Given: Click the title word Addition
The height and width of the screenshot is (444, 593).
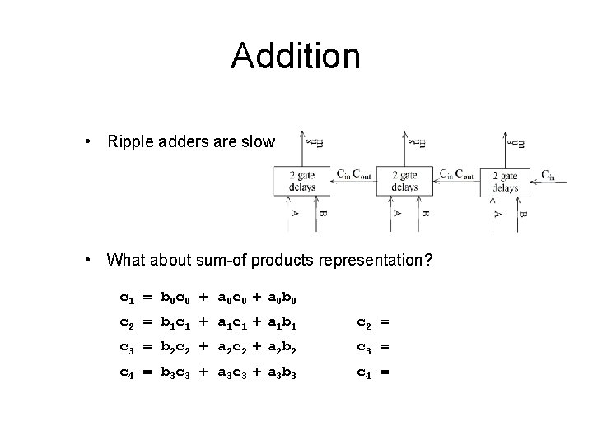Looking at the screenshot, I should click(296, 56).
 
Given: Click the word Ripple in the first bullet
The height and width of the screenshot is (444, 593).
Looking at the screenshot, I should click(129, 142).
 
